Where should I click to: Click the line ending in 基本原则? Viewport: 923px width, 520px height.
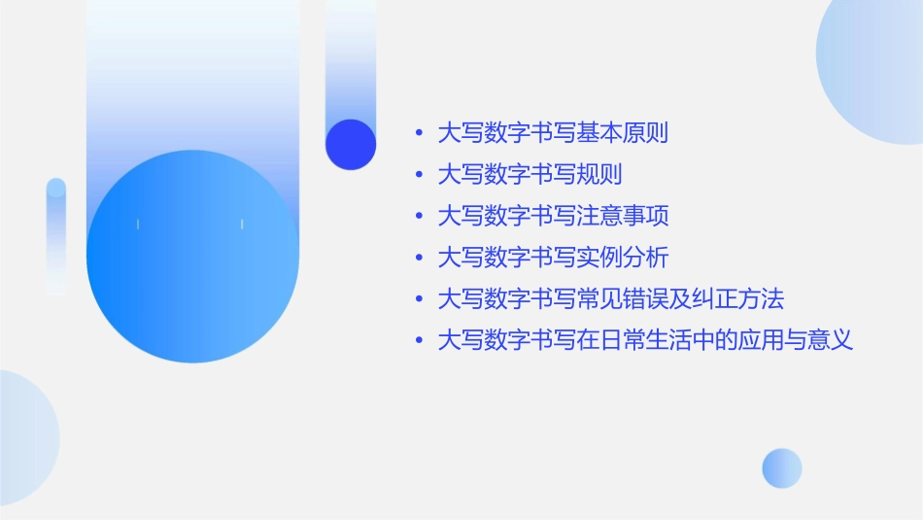pyautogui.click(x=553, y=133)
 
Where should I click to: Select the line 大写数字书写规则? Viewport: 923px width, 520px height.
pyautogui.click(x=530, y=175)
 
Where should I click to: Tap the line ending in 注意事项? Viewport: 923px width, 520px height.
pyautogui.click(x=553, y=216)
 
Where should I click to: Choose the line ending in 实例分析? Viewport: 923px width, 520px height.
pyautogui.click(x=553, y=258)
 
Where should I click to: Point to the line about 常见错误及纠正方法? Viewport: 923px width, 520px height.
pyautogui.click(x=610, y=299)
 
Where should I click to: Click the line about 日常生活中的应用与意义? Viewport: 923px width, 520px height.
pyautogui.click(x=645, y=341)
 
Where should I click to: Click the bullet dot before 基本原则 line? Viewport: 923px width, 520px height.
pyautogui.click(x=419, y=133)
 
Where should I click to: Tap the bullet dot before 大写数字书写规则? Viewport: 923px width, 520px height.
pyautogui.click(x=419, y=175)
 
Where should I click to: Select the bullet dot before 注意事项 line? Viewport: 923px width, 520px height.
pyautogui.click(x=419, y=217)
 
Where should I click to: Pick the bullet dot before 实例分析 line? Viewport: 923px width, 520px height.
pyautogui.click(x=419, y=259)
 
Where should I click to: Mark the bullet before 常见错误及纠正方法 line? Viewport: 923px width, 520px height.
pyautogui.click(x=419, y=299)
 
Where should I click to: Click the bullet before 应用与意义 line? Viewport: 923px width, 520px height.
pyautogui.click(x=419, y=341)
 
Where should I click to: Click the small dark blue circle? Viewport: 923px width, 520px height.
pyautogui.click(x=351, y=144)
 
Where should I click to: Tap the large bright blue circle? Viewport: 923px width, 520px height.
pyautogui.click(x=192, y=257)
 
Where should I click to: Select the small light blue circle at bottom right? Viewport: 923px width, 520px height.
pyautogui.click(x=782, y=468)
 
